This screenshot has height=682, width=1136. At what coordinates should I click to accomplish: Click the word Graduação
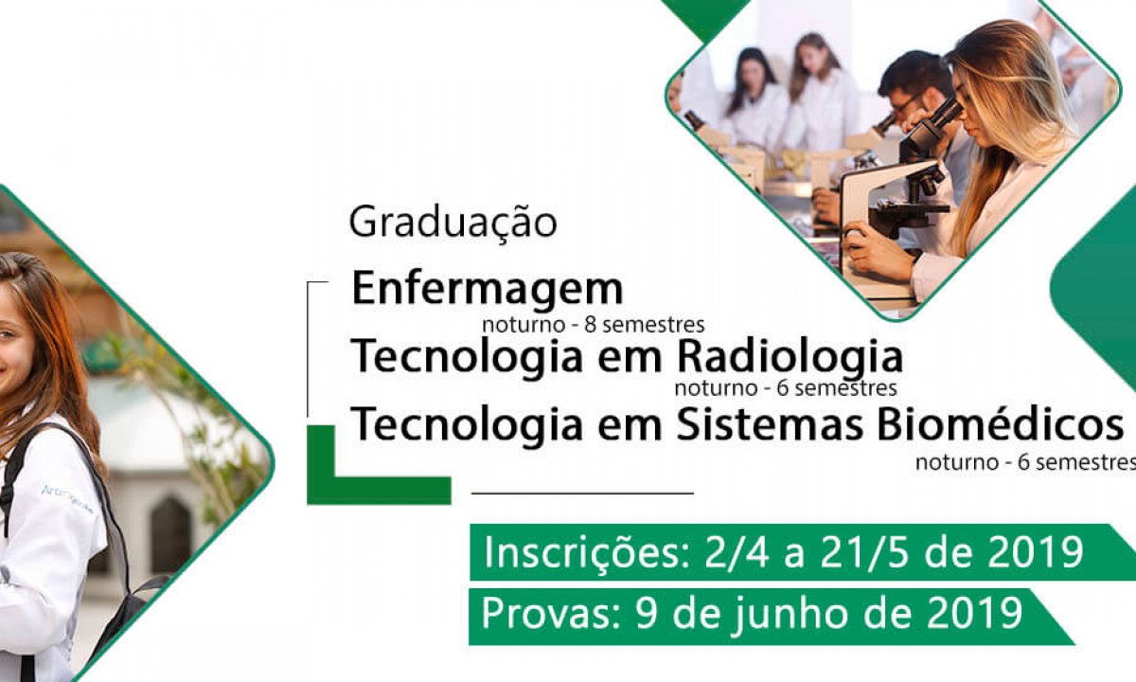(x=453, y=224)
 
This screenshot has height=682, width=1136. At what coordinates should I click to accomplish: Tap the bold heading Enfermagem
(x=487, y=288)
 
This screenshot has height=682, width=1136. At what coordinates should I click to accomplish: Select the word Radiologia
(x=790, y=358)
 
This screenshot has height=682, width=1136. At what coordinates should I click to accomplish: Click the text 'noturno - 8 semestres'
(x=594, y=325)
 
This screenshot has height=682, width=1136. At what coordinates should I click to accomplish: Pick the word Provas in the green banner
(x=551, y=614)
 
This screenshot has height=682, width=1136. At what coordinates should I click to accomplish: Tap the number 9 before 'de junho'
(x=647, y=614)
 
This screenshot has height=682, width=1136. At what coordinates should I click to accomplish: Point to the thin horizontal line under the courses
(x=582, y=493)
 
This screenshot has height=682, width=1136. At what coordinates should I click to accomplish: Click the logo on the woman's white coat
(x=66, y=499)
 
